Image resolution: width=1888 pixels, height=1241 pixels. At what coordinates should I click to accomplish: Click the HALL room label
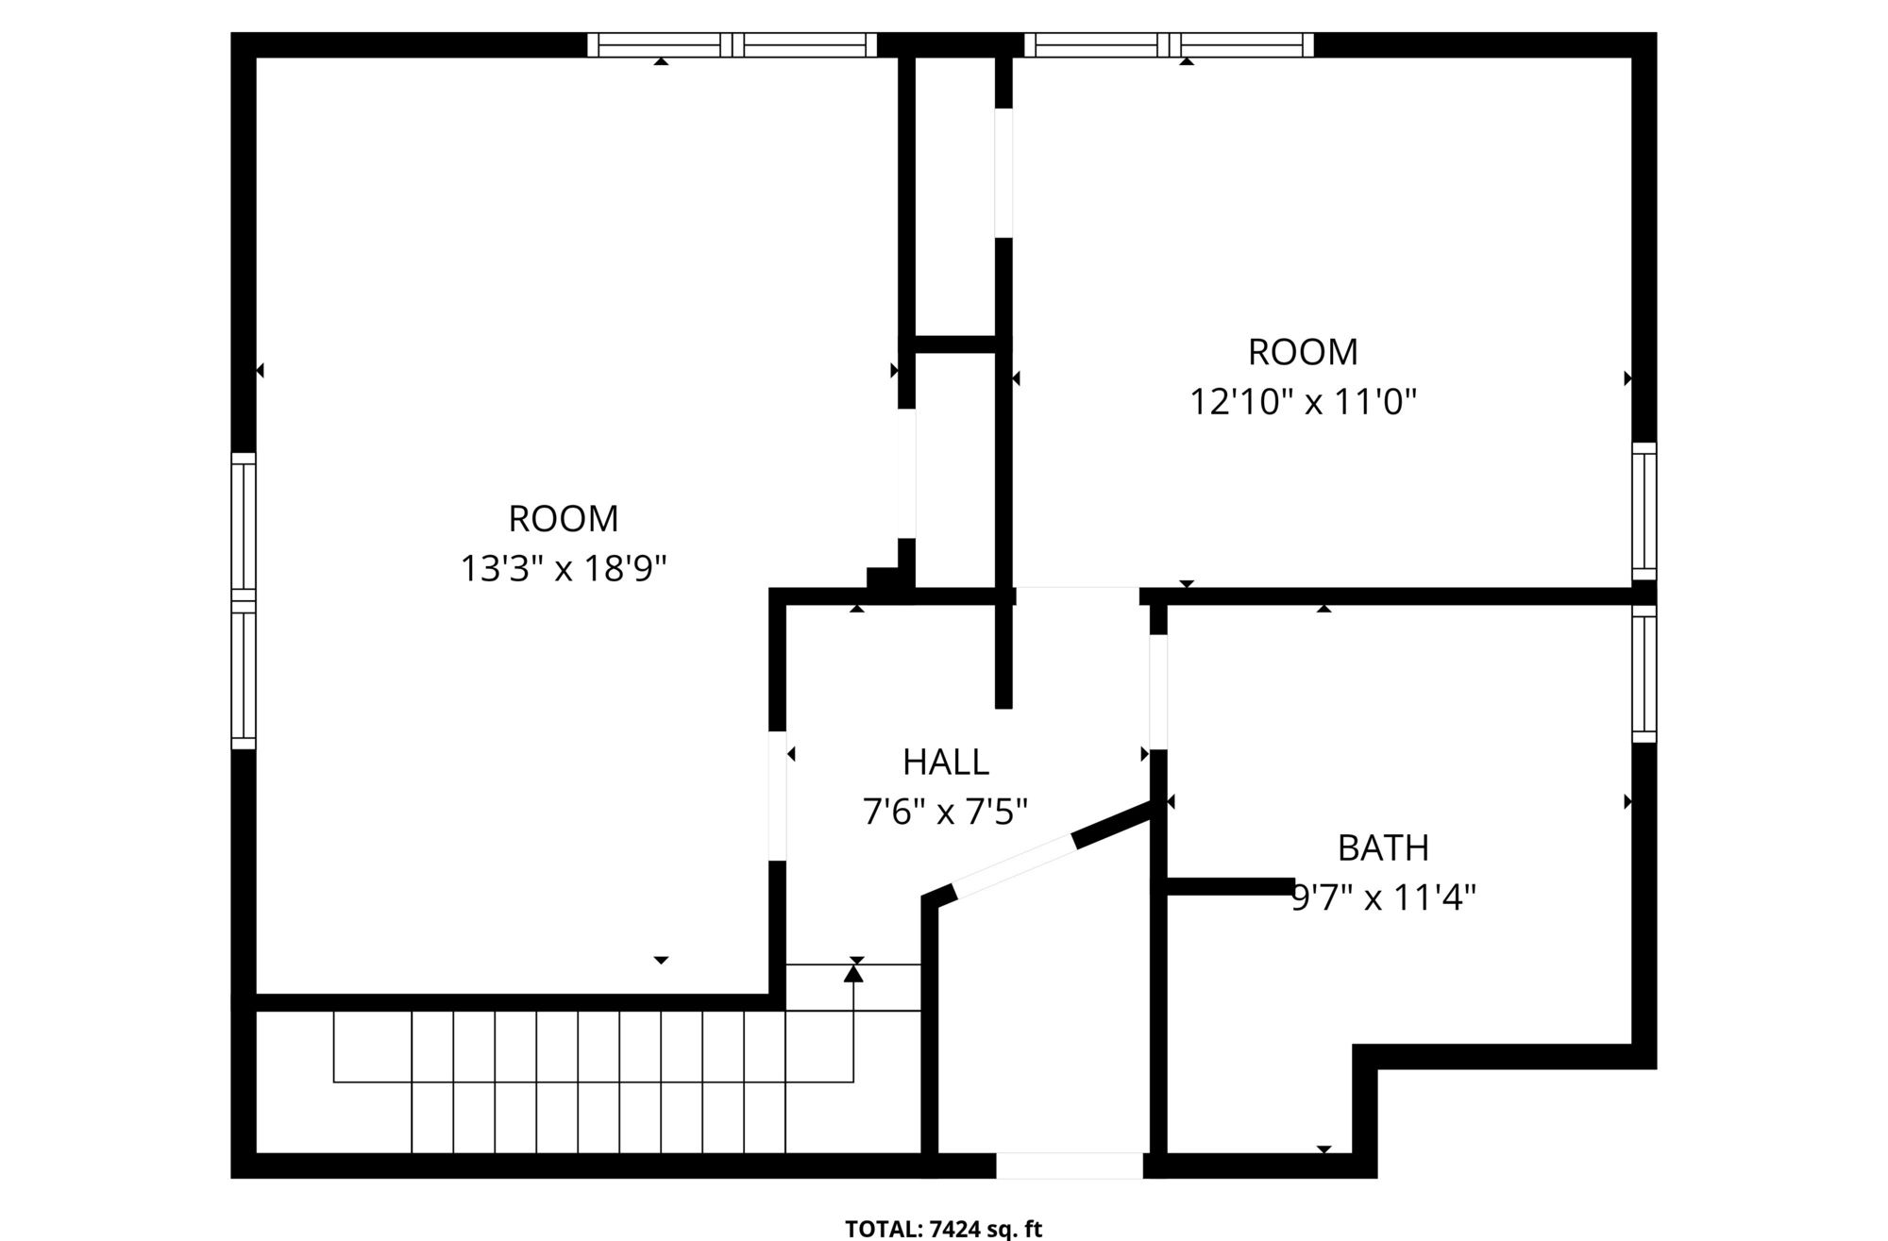click(x=946, y=762)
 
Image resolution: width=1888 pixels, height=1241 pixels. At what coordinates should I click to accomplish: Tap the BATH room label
click(x=1383, y=848)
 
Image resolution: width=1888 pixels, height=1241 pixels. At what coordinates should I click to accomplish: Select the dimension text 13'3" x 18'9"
click(x=564, y=569)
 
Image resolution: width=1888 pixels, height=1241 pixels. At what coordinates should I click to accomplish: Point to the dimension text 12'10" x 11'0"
click(x=1303, y=403)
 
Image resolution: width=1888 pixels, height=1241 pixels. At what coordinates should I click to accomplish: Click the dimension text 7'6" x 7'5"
click(x=945, y=812)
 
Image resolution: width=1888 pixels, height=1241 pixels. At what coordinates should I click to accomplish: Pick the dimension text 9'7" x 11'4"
click(x=1384, y=897)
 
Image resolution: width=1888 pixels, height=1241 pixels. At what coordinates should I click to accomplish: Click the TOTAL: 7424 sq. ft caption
click(x=944, y=1229)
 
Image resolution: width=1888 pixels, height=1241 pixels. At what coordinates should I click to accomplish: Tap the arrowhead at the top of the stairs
click(x=853, y=973)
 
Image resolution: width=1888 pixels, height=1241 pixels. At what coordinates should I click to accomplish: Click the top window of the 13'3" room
click(x=733, y=44)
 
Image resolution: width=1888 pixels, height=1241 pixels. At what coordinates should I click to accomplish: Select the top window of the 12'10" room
click(x=1169, y=44)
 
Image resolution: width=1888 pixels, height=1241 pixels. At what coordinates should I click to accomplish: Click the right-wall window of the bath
click(x=1644, y=674)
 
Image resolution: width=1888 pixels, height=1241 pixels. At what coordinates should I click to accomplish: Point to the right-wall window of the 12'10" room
click(x=1644, y=511)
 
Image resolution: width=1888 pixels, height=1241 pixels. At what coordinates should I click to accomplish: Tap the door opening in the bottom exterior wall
click(x=1070, y=1166)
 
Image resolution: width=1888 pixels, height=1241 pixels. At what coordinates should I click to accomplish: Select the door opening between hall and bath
click(x=1158, y=692)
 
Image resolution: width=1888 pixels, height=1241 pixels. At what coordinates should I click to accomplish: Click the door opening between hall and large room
click(x=778, y=796)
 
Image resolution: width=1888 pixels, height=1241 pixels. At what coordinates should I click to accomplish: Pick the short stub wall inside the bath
click(x=1231, y=885)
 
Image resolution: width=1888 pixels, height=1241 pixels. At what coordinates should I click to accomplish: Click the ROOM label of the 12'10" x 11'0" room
click(x=1303, y=352)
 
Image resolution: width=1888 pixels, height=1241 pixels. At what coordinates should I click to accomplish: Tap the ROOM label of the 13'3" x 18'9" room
click(x=564, y=519)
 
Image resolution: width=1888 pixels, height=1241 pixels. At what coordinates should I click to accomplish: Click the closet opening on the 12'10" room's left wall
click(x=1003, y=173)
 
